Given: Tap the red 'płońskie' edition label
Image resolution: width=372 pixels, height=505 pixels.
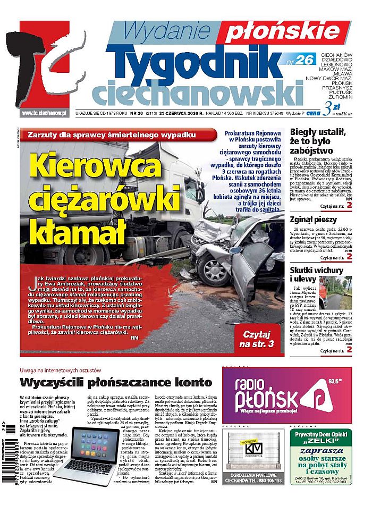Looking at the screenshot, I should (x=269, y=32).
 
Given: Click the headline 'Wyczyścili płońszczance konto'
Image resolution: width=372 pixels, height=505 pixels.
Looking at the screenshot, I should (x=115, y=382).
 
